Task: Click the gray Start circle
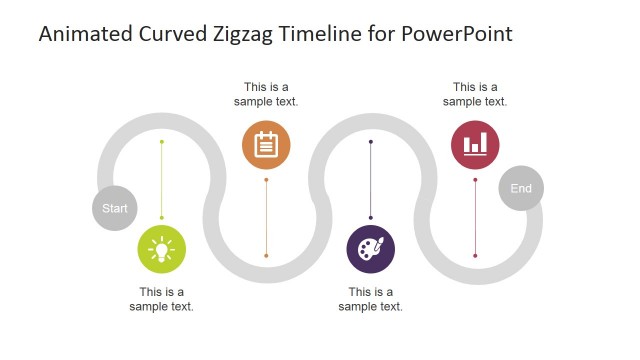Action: [115, 208]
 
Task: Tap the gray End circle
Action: [521, 188]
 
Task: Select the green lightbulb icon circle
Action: [162, 248]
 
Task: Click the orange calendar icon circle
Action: [266, 145]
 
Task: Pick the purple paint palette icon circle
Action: [370, 249]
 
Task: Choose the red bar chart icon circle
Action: [475, 145]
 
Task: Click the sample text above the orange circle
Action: [266, 94]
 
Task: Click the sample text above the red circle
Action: [475, 94]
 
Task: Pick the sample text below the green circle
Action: [162, 299]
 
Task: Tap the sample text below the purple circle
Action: [370, 299]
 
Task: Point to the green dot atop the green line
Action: [162, 142]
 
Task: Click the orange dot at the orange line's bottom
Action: [266, 256]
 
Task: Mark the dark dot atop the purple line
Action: [371, 142]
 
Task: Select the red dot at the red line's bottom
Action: [475, 256]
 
